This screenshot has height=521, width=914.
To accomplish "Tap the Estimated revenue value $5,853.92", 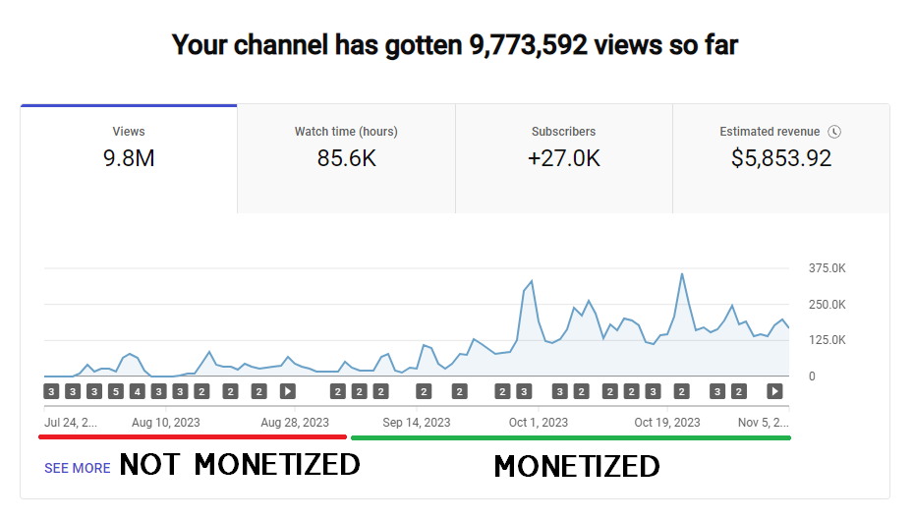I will click(x=781, y=158).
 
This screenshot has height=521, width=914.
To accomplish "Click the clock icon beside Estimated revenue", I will click(x=834, y=132).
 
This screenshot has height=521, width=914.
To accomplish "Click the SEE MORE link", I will click(x=77, y=468).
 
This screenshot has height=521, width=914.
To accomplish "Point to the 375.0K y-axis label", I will click(x=827, y=268).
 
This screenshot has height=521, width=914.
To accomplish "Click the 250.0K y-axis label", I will click(x=827, y=305).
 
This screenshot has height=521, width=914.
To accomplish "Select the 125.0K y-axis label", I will click(x=827, y=340).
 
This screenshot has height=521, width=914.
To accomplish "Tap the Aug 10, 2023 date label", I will click(x=165, y=423).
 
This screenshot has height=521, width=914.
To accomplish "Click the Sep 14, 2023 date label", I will click(x=417, y=423).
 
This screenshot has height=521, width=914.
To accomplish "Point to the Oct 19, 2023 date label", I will click(x=667, y=423).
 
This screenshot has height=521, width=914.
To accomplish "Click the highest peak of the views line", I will click(x=682, y=274).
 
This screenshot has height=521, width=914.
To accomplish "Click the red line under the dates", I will click(x=192, y=436).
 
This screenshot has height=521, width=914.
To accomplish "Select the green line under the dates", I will click(x=570, y=437).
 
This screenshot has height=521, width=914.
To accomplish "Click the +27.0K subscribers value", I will click(x=563, y=158).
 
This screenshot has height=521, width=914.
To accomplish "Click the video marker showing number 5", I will click(x=115, y=391).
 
